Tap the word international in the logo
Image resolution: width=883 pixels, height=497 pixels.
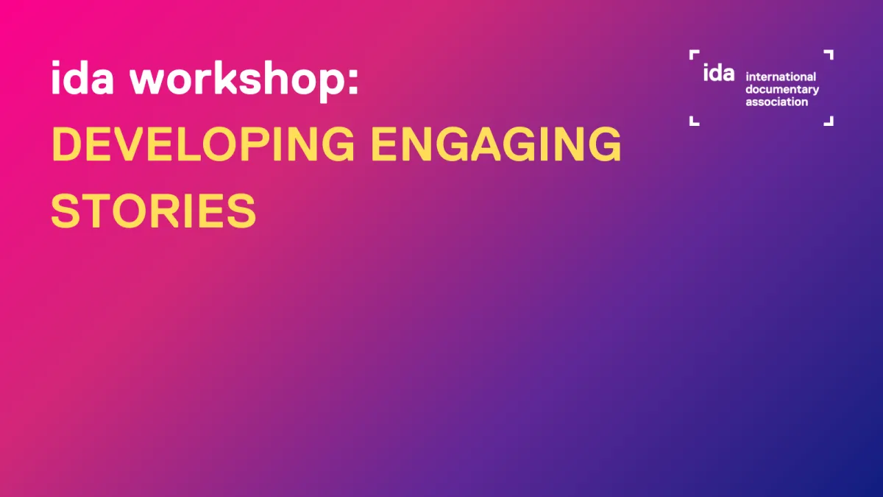781,77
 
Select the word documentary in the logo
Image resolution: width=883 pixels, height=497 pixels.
782,89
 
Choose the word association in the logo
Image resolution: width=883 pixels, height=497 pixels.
776,102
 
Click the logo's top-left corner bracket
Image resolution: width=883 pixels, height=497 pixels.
693,54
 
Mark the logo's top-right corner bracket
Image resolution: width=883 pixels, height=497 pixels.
829,54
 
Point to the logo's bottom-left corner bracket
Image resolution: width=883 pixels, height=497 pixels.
693,121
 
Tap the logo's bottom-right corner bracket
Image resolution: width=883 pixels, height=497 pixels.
829,121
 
